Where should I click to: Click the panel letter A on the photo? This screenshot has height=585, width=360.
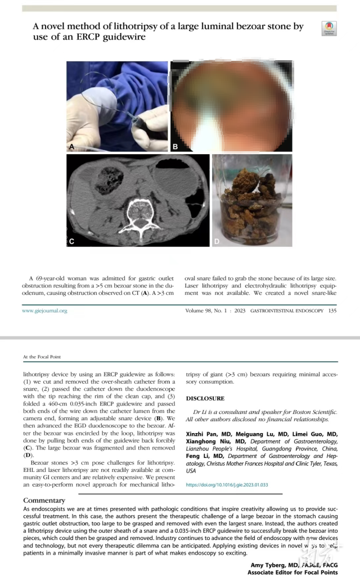(x=71, y=146)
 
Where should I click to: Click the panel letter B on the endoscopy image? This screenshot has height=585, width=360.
(x=175, y=146)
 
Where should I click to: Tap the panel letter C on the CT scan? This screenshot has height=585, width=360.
(x=71, y=241)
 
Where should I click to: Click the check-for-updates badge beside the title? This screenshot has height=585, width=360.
(x=328, y=28)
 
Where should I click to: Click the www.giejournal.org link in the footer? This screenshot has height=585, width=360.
(x=44, y=310)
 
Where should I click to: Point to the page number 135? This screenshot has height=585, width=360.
(x=332, y=310)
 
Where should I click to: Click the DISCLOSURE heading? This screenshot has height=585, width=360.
(x=205, y=398)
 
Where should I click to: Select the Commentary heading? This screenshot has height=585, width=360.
(x=44, y=500)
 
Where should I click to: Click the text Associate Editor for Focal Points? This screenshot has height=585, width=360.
(x=292, y=572)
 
